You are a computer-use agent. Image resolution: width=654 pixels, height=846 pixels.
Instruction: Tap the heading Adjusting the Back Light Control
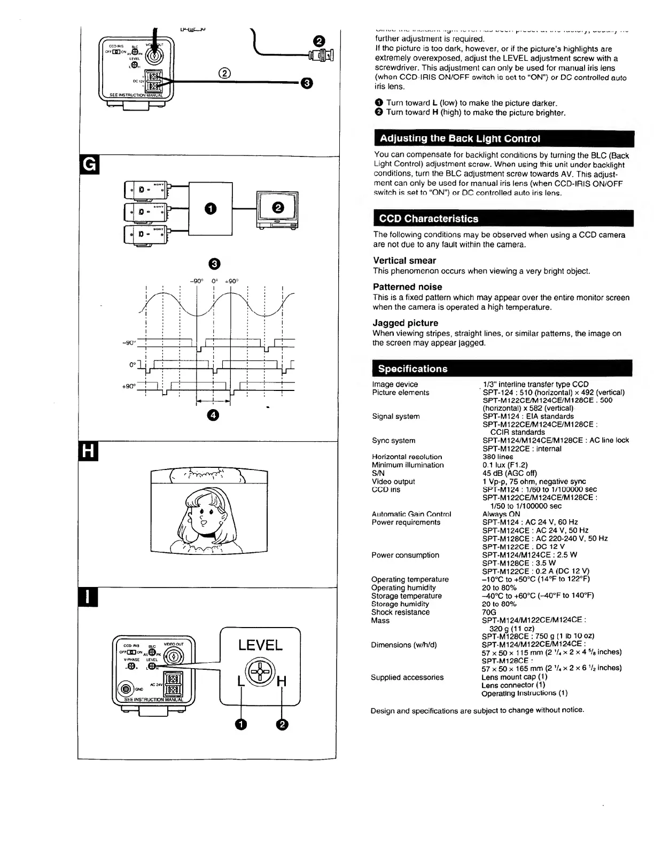point(460,139)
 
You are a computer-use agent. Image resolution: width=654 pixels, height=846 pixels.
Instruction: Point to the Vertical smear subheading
point(404,261)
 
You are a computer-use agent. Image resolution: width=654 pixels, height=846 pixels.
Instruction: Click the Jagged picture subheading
point(405,323)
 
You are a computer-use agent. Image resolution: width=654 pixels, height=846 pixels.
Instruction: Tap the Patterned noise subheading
point(407,287)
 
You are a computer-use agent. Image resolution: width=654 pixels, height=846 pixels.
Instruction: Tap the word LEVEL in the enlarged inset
point(260,645)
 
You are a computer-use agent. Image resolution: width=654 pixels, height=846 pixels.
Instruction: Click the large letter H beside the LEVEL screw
point(282,682)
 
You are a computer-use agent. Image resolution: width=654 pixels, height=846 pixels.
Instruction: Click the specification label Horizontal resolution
point(407,457)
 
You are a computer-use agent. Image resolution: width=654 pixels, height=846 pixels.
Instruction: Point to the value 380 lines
point(497,457)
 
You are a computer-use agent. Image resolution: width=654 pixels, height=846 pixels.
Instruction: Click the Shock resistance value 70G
point(489,612)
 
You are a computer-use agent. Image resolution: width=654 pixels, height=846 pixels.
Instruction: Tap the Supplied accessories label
point(407,677)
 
